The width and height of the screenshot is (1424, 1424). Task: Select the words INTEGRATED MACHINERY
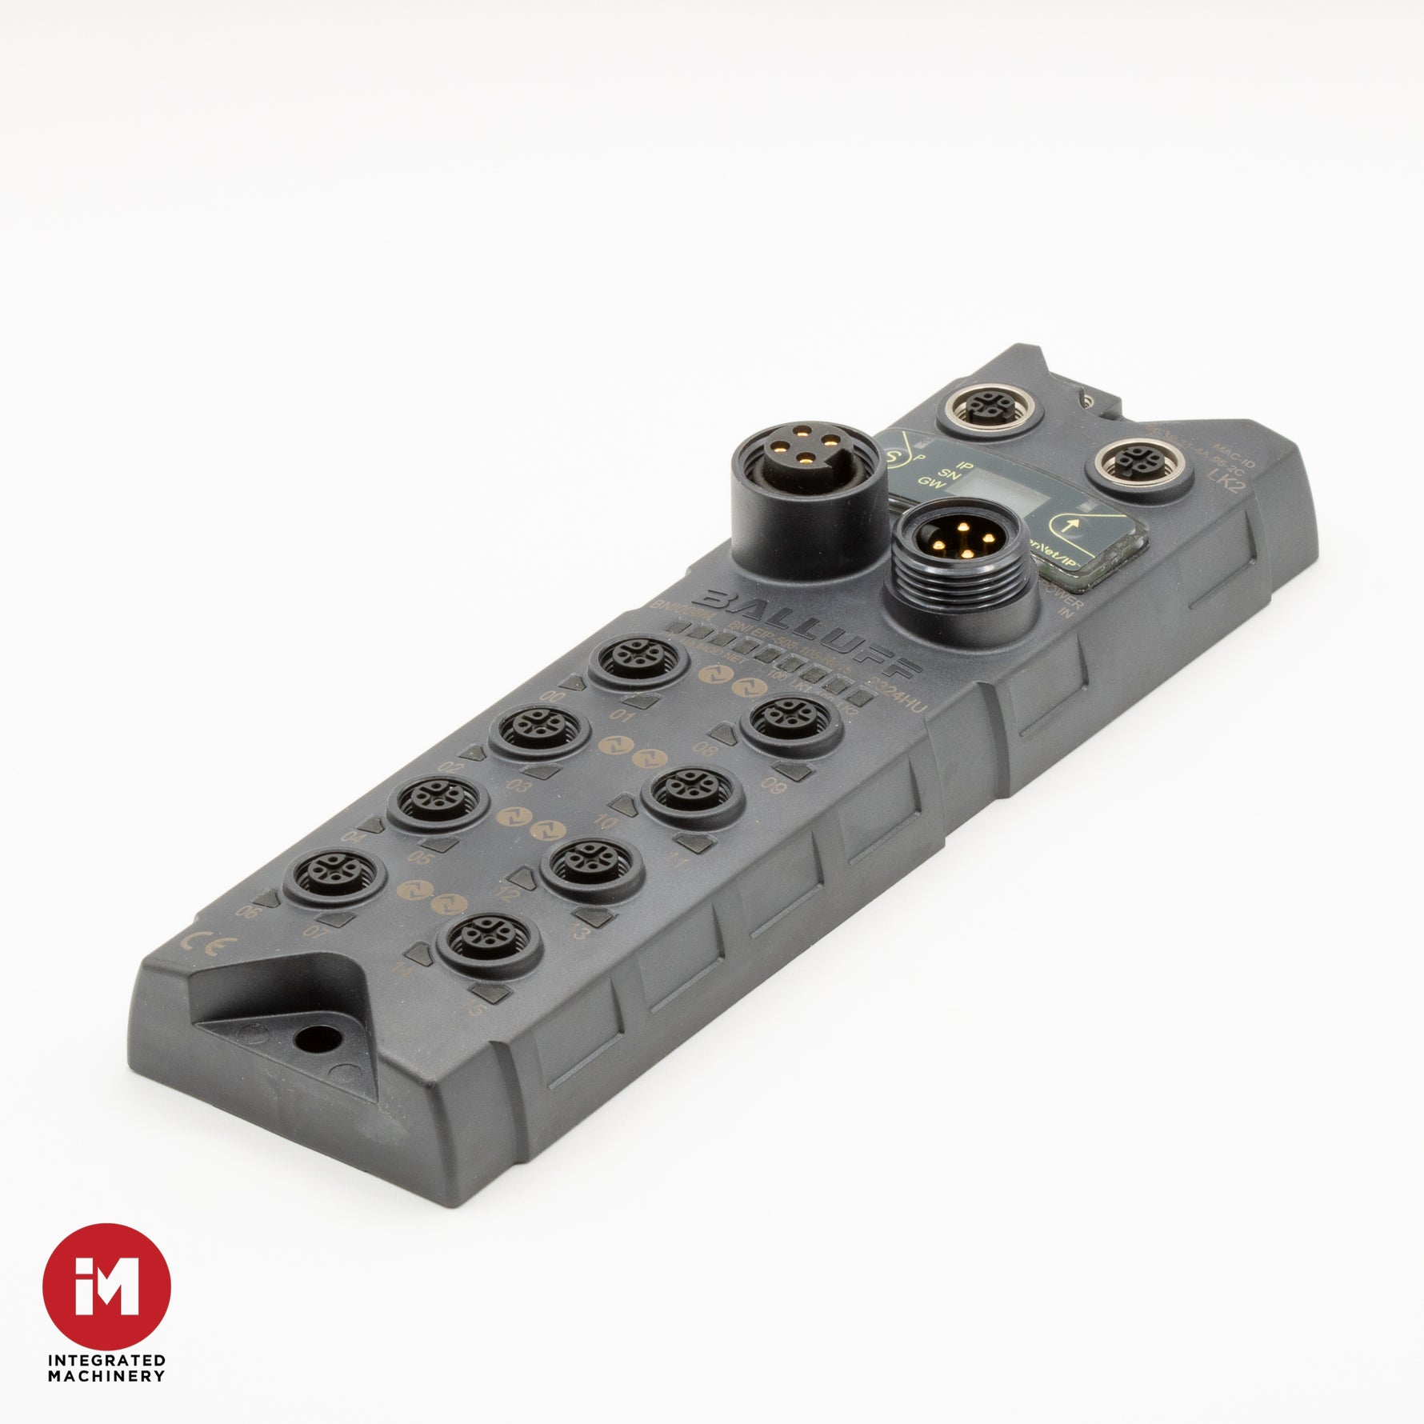106,1368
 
